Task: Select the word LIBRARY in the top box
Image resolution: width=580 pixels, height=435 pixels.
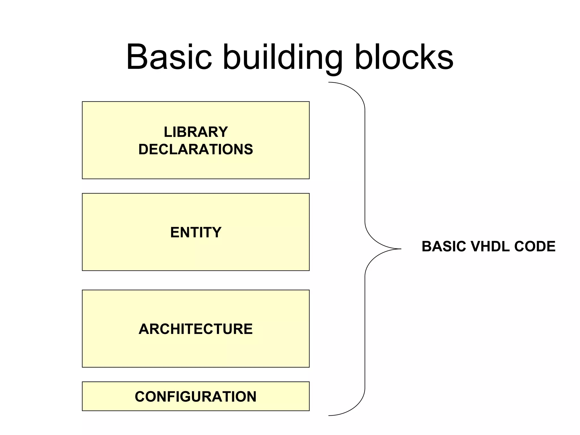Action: click(196, 132)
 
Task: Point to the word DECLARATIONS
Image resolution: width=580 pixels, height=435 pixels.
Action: click(196, 149)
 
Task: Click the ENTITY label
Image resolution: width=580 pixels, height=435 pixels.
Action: click(196, 232)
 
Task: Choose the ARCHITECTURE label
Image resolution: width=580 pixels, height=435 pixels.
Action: click(196, 329)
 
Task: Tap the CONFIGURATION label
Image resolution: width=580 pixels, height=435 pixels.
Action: click(196, 396)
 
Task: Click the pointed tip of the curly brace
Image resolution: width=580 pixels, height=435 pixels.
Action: click(400, 249)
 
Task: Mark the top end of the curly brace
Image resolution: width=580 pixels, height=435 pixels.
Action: click(329, 82)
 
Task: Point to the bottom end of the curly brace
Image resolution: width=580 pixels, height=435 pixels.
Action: click(329, 415)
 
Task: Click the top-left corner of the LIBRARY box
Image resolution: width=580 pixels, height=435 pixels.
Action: click(82, 102)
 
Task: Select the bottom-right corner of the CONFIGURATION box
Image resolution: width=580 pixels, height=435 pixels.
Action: click(309, 410)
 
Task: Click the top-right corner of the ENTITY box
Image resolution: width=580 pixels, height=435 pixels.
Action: click(309, 193)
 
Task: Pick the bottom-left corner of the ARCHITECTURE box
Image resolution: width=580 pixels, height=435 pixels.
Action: click(82, 367)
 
